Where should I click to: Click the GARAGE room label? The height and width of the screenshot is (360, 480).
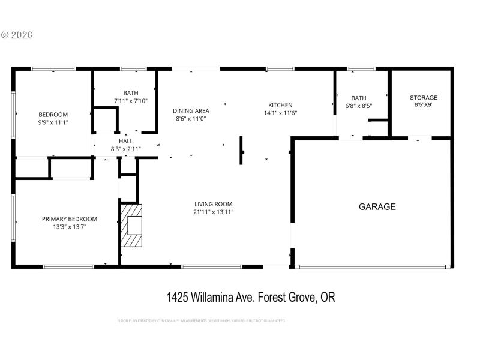[x=377, y=207]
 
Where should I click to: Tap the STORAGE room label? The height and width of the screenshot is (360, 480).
[x=423, y=98]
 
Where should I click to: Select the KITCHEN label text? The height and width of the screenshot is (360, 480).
[x=280, y=105]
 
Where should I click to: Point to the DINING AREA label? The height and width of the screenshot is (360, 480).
[x=191, y=110]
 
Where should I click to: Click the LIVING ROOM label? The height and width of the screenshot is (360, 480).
[x=213, y=204]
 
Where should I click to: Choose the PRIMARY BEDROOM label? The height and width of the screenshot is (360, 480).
[x=70, y=219]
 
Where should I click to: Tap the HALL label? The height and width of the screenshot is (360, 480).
[x=126, y=141]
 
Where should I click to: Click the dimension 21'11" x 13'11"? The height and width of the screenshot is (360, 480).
[x=213, y=212]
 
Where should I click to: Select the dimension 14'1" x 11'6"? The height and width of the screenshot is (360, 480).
[x=280, y=113]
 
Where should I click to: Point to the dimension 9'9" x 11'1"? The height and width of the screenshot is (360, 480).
[x=53, y=122]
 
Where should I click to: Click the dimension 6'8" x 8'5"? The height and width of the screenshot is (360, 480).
[x=359, y=106]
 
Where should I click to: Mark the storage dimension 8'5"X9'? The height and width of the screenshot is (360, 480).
[x=423, y=105]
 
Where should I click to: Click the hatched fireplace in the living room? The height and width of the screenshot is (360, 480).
[x=132, y=226]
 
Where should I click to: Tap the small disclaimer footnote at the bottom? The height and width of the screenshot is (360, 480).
[x=201, y=320]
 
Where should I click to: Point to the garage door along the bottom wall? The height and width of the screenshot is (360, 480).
[x=373, y=266]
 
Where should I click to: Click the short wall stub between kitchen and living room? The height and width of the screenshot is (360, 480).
[x=241, y=150]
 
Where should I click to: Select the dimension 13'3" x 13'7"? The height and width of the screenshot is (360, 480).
[x=70, y=227]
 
